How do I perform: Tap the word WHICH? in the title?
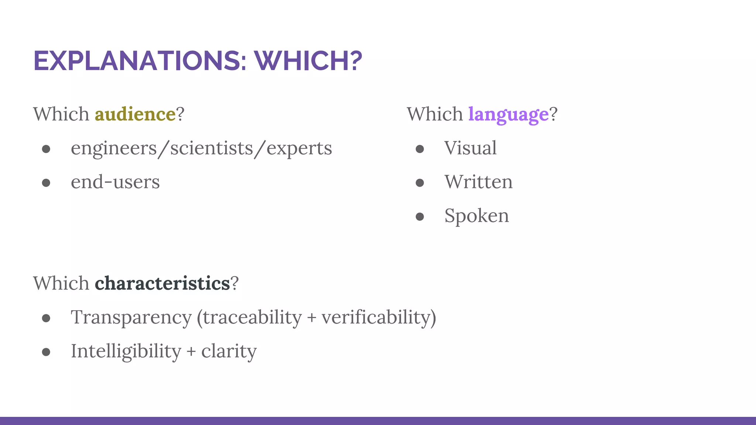click(x=308, y=61)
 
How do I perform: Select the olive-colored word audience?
click(x=135, y=114)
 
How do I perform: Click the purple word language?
click(x=508, y=114)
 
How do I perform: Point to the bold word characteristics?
click(x=162, y=283)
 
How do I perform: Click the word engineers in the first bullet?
click(x=114, y=148)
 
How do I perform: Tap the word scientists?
click(x=212, y=148)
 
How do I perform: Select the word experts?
click(x=299, y=148)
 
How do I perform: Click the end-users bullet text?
click(x=115, y=182)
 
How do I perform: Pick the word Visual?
click(x=470, y=148)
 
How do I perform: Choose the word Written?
click(x=478, y=182)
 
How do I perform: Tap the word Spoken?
click(x=477, y=216)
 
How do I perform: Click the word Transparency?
click(x=131, y=317)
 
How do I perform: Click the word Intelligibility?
click(x=126, y=351)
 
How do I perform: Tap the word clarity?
click(x=229, y=351)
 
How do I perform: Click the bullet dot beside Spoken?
click(x=420, y=216)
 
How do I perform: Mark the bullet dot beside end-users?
click(x=46, y=183)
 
